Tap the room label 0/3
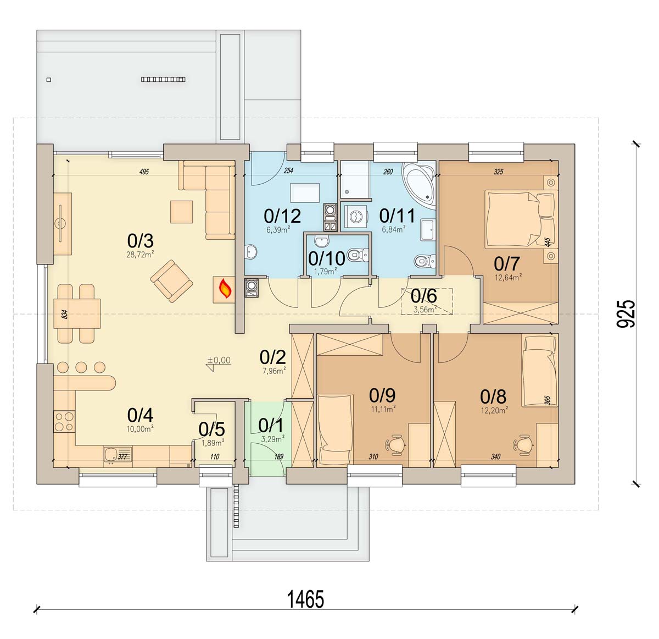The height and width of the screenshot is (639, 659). click(x=140, y=241)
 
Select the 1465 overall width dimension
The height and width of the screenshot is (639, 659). click(x=305, y=599)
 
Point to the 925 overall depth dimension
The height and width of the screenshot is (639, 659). click(x=624, y=314)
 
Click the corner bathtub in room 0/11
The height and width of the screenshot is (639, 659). click(x=420, y=183)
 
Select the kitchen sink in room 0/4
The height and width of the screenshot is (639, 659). click(x=118, y=456)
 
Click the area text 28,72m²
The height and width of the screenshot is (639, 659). click(x=140, y=255)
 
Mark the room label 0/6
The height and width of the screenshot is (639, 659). click(x=423, y=296)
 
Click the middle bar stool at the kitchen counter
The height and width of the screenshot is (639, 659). click(x=81, y=367)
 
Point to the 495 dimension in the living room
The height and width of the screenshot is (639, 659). click(x=144, y=172)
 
